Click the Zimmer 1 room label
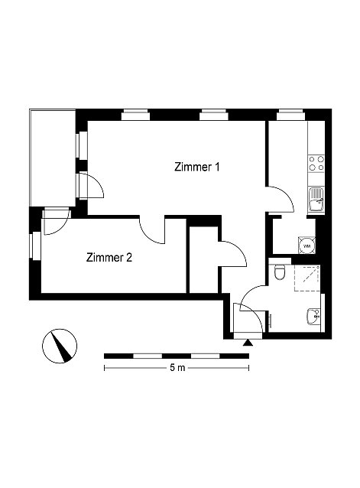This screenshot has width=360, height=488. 196,167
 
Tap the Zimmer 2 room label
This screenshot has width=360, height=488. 109,258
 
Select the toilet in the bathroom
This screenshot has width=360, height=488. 280,272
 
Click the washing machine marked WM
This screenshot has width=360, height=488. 306,246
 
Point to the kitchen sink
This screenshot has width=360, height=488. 316,200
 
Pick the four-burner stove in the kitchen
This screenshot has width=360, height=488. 316,163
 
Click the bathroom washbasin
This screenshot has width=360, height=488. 313,316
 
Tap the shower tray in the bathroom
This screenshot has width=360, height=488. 307,278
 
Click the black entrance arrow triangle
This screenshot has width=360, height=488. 248,343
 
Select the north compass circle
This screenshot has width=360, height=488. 60,346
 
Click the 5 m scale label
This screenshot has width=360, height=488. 177,368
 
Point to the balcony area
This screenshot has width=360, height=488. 53,158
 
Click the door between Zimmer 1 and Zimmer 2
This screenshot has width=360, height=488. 151,230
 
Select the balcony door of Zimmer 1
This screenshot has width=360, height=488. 91,185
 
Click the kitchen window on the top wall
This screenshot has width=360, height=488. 291,115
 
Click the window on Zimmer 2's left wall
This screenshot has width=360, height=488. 36,246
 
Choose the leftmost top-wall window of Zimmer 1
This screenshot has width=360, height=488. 135,115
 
